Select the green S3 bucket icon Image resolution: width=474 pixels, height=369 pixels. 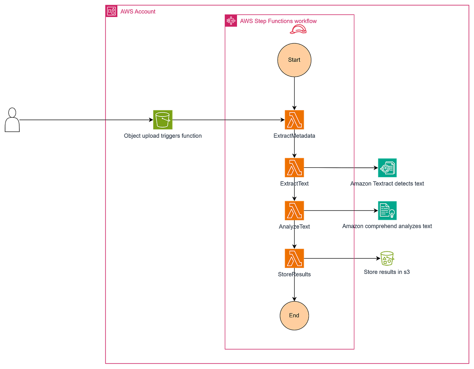[x=162, y=120]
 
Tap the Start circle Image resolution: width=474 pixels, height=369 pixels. [x=294, y=60]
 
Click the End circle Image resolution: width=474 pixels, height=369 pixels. [x=294, y=315]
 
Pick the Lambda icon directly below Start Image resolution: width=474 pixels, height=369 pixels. [x=294, y=120]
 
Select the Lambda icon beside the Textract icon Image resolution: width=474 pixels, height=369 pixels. [x=294, y=168]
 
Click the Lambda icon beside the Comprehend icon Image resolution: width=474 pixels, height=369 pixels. [x=294, y=210]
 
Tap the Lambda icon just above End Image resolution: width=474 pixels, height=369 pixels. [x=294, y=258]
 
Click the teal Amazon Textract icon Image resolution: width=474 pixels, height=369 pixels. [x=387, y=168]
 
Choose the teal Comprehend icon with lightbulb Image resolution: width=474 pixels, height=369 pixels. [x=387, y=210]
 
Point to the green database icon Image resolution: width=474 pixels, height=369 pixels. [x=387, y=258]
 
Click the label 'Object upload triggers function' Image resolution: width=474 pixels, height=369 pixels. [x=162, y=136]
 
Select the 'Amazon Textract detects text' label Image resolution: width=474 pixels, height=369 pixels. [x=387, y=184]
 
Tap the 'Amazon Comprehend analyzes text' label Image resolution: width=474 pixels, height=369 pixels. [x=387, y=227]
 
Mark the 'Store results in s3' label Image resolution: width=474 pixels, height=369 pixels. [x=387, y=272]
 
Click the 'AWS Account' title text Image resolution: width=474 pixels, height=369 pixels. [x=138, y=11]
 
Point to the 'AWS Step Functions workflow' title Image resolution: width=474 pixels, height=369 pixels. [x=278, y=21]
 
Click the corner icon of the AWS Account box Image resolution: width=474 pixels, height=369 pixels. [x=112, y=11]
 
